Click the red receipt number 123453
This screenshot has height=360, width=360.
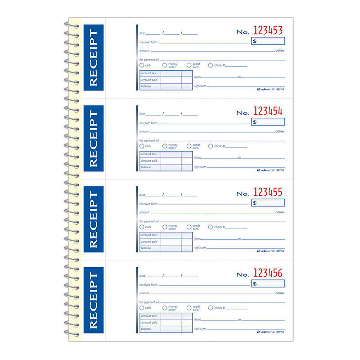(268, 31)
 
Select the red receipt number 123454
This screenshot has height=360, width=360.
(268, 111)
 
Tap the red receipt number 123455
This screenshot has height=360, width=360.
(268, 192)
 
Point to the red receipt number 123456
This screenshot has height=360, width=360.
(268, 273)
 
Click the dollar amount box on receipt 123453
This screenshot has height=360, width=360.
(268, 41)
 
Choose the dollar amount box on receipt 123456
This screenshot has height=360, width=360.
(268, 283)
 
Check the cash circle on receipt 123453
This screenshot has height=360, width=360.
(142, 65)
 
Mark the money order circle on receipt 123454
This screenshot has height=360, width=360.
(165, 146)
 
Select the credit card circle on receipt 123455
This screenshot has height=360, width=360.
(189, 227)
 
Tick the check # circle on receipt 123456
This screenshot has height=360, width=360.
(210, 308)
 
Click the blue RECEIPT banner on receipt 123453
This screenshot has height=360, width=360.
(93, 57)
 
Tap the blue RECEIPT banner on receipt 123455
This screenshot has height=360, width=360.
(93, 219)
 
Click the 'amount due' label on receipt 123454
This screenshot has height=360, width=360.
(149, 154)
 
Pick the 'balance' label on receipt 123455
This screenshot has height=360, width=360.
(146, 248)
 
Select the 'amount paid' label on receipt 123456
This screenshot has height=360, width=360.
(149, 323)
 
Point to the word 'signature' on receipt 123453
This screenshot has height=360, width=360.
(200, 85)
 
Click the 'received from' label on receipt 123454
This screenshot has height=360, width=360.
(148, 123)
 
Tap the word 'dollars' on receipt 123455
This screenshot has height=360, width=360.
(280, 212)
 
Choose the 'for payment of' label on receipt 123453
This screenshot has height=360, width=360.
(148, 59)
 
